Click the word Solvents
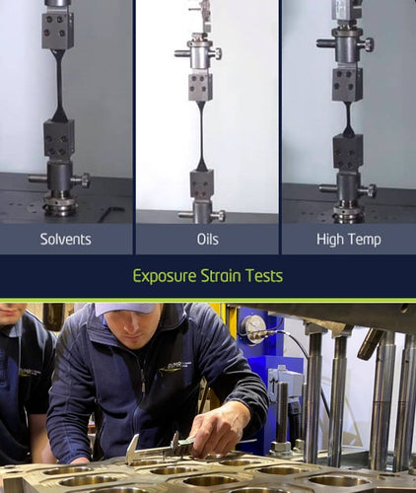point(66,239)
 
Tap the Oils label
point(208,239)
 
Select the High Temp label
point(349,240)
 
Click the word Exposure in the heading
point(165,276)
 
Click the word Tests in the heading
point(264,275)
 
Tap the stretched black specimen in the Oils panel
point(202,136)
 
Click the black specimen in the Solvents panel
point(59,85)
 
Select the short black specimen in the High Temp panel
point(348,119)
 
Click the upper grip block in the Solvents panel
point(57,31)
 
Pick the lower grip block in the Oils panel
point(202,183)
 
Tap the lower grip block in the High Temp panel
point(348,152)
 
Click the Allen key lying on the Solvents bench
point(111,213)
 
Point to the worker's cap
point(126,310)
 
